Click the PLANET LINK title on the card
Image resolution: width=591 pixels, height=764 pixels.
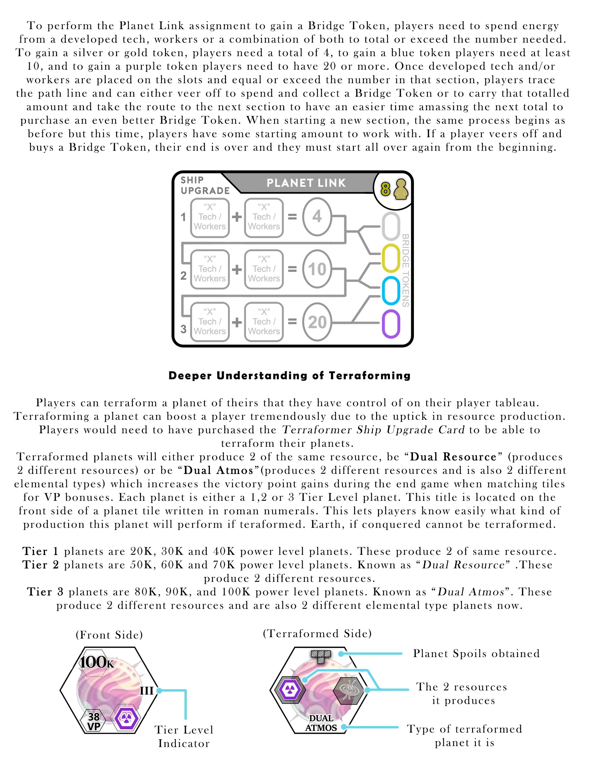tap(306, 183)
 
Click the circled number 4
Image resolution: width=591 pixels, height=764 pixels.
tap(317, 217)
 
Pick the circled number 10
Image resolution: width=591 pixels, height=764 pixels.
tap(317, 269)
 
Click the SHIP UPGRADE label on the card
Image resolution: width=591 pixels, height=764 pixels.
tap(205, 185)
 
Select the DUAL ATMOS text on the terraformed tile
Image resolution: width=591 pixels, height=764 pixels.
tap(321, 723)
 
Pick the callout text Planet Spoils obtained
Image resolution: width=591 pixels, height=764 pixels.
tap(476, 654)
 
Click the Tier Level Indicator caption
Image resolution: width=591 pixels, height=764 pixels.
tap(184, 736)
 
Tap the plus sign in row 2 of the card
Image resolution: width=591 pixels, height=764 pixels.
tap(237, 269)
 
